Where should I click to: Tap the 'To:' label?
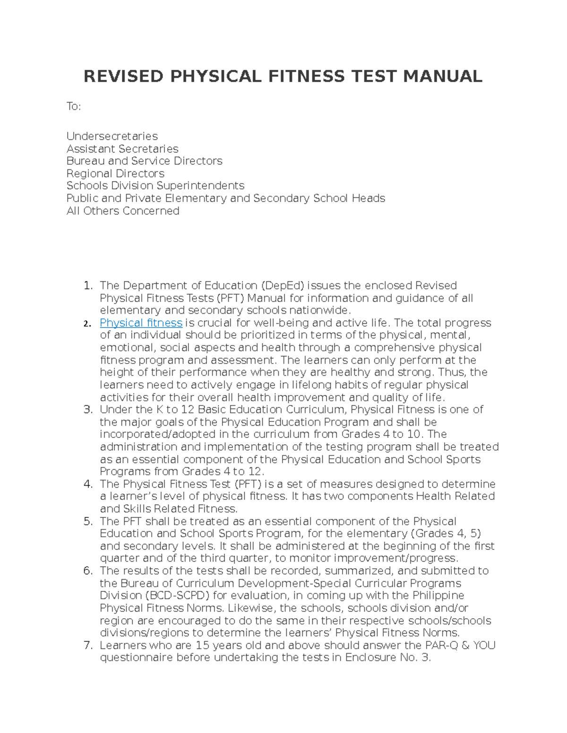click(x=74, y=107)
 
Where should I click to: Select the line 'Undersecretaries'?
click(x=112, y=136)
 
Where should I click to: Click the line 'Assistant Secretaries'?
click(x=122, y=149)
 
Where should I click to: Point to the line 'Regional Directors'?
click(x=115, y=173)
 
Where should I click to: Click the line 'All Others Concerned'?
click(x=123, y=211)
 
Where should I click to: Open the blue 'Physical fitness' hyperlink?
click(x=141, y=323)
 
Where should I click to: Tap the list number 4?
click(x=87, y=484)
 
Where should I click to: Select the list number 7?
click(x=87, y=645)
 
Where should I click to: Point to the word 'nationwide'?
click(x=319, y=310)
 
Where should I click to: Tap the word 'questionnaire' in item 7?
click(x=136, y=657)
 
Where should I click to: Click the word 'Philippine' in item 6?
click(x=438, y=595)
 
